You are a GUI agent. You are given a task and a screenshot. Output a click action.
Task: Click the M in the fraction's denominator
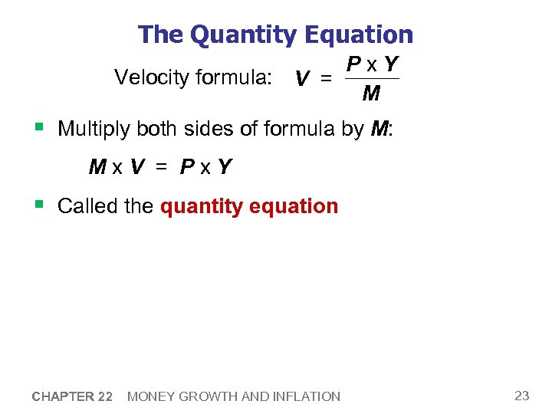coord(371,94)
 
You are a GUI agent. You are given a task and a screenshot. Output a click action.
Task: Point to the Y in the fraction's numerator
coord(391,64)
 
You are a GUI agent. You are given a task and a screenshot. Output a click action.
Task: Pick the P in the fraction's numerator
coord(354,64)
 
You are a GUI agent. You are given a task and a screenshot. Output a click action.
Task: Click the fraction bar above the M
coord(372,78)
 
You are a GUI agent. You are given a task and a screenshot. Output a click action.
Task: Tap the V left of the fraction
coord(302,79)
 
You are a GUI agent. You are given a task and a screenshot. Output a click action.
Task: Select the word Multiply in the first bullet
coord(94,129)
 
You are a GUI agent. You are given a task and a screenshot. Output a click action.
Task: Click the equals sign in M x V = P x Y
coord(162,166)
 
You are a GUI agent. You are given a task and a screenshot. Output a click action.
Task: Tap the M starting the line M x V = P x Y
coord(97,166)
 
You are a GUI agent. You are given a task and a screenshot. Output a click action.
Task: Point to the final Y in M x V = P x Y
coord(224,166)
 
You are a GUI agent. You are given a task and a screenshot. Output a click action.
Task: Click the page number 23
coord(522,396)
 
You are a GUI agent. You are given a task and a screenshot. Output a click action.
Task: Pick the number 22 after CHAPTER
coord(105,396)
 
